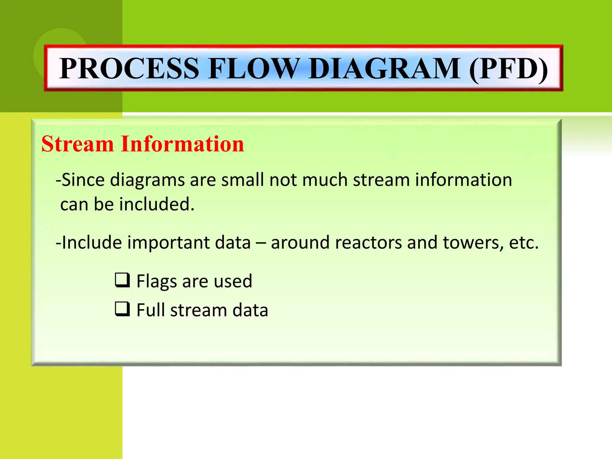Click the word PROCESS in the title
(129, 68)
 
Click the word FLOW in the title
(254, 68)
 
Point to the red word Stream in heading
(77, 144)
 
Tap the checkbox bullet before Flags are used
(122, 280)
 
